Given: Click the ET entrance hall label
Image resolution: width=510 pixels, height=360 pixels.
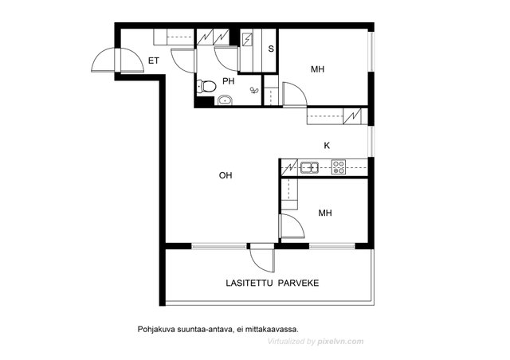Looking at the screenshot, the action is (154, 61).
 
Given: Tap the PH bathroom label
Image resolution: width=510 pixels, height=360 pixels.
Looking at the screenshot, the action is (229, 81).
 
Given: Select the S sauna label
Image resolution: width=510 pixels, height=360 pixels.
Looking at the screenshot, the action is (271, 49).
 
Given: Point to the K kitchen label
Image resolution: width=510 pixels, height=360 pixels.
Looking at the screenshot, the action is (327, 146).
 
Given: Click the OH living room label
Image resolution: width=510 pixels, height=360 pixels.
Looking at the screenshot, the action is (226, 175).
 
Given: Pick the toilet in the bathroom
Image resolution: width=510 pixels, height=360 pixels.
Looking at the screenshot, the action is (206, 87).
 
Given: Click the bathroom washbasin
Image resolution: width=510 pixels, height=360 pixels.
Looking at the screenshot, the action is (225, 100).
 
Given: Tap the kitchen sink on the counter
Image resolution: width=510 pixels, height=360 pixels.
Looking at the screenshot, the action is (309, 167).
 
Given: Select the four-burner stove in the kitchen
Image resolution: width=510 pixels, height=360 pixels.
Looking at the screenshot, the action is (339, 167).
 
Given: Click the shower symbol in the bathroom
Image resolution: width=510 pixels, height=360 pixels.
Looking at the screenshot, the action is (253, 90).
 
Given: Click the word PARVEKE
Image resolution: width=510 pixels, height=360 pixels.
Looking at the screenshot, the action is (298, 284).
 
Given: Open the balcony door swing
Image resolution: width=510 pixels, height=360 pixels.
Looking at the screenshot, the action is (262, 260).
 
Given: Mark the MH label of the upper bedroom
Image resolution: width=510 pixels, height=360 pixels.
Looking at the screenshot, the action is (317, 69).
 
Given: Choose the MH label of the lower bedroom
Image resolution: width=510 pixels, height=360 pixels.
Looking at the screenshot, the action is (325, 213).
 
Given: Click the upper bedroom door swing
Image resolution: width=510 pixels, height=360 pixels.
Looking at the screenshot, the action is (294, 94).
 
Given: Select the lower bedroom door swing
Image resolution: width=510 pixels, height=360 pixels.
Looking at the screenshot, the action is (292, 225).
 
